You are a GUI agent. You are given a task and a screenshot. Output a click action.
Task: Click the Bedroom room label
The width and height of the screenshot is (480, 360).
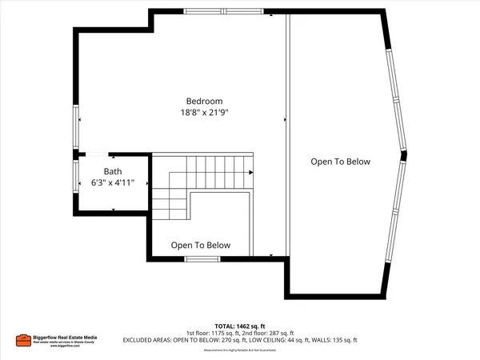204,101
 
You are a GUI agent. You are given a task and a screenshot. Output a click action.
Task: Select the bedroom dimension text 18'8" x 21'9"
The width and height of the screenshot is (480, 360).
204,113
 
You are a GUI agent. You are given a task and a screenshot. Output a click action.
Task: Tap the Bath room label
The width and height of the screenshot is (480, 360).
113,171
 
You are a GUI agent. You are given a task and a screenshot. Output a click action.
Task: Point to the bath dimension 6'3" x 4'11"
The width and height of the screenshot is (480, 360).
113,183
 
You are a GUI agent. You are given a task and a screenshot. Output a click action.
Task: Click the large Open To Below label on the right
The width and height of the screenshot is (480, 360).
341,162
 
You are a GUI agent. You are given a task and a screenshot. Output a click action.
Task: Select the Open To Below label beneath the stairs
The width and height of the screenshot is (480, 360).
201,246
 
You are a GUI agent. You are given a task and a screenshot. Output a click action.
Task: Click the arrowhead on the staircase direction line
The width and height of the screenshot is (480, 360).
251,172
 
